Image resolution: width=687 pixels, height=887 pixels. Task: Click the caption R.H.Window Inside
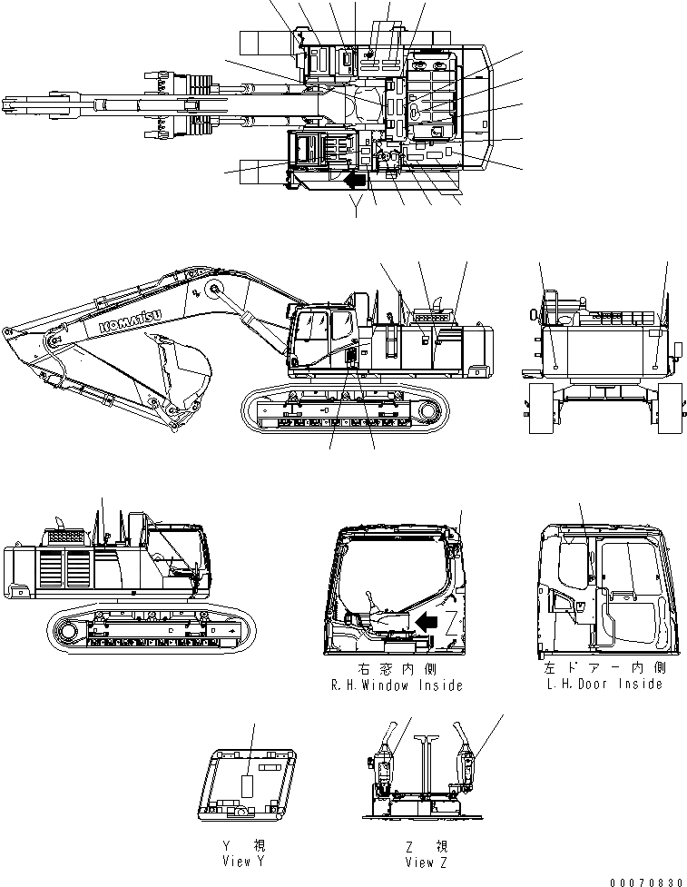(397, 685)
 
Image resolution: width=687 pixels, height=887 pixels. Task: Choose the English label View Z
(425, 862)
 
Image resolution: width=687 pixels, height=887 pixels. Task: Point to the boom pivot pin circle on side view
(214, 289)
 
